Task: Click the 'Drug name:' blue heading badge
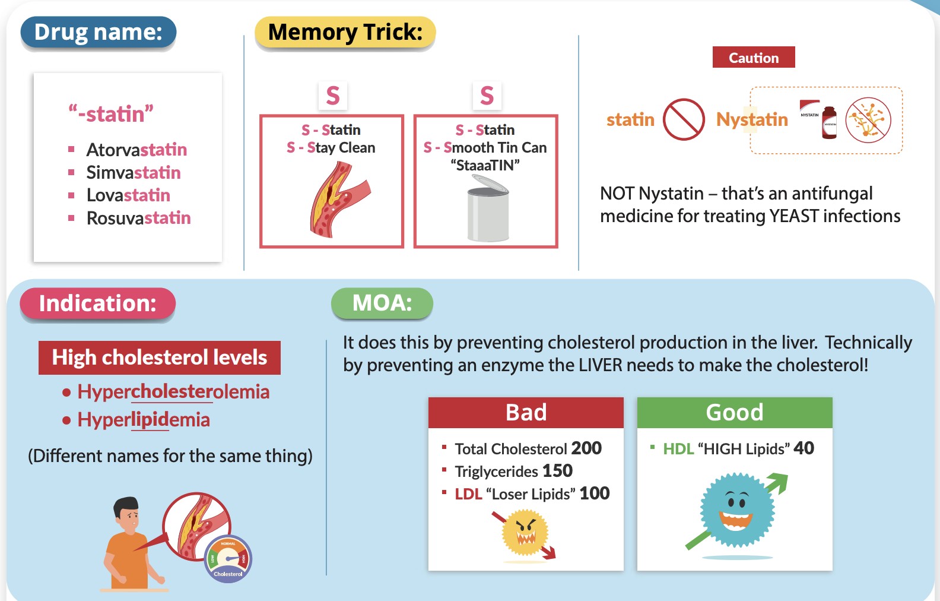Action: click(99, 32)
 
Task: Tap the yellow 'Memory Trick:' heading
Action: click(345, 32)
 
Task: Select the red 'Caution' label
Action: click(754, 58)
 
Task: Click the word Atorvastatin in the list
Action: click(136, 150)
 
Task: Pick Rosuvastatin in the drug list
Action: click(138, 218)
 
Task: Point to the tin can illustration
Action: click(488, 209)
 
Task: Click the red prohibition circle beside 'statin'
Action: click(684, 119)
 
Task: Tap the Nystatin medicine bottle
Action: click(829, 122)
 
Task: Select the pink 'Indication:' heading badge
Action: click(98, 303)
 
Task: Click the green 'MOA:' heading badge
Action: click(382, 303)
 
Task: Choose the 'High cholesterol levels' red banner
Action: click(159, 358)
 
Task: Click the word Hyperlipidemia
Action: click(144, 420)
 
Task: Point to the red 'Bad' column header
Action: click(526, 412)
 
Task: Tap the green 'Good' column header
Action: click(735, 412)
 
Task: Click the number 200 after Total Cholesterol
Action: click(586, 448)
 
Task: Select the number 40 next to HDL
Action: click(804, 448)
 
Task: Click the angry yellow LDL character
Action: click(525, 533)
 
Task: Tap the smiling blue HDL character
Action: click(737, 509)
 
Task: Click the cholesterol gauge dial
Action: click(228, 559)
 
